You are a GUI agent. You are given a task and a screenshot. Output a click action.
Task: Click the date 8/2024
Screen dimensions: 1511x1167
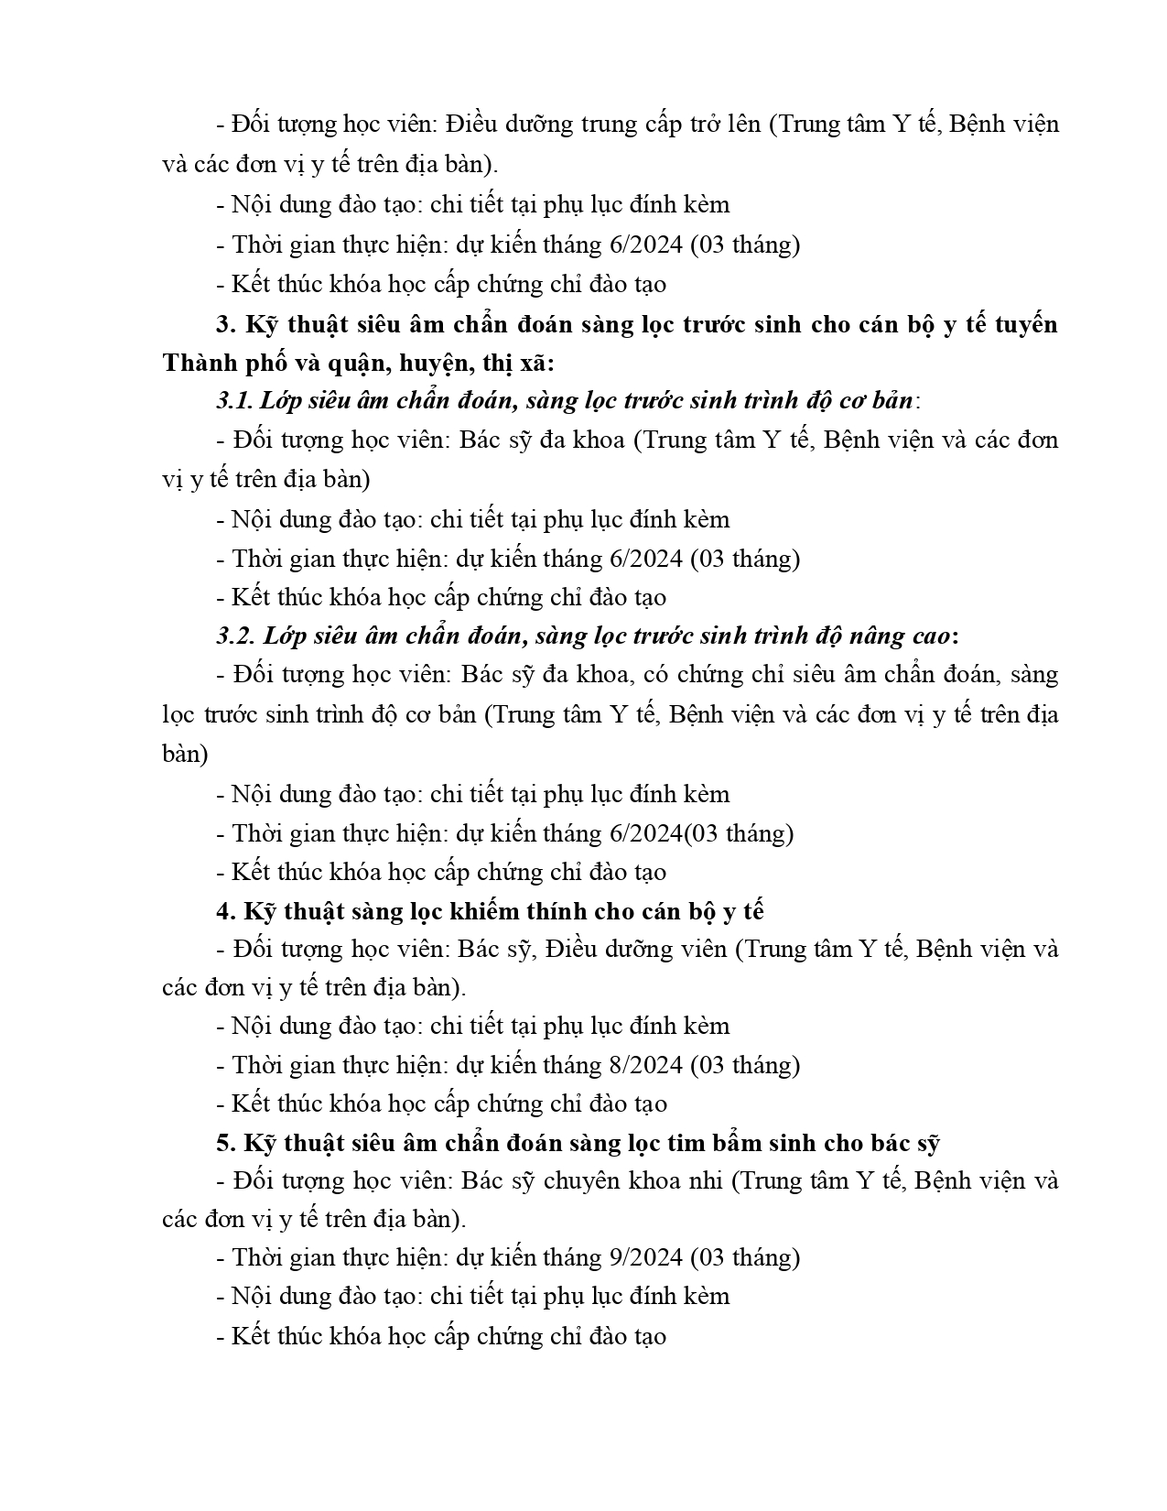point(645,1065)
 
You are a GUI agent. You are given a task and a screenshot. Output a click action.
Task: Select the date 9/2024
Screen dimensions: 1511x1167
point(645,1257)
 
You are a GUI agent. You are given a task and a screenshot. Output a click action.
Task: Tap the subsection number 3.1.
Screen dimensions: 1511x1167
point(234,401)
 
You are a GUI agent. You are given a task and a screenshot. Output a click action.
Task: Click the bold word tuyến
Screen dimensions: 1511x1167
point(1019,325)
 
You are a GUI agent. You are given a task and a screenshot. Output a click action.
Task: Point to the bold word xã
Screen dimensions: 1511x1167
point(534,363)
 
